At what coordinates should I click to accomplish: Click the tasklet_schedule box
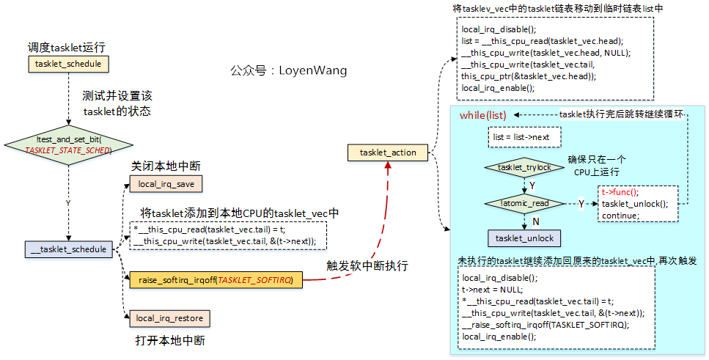pyautogui.click(x=69, y=65)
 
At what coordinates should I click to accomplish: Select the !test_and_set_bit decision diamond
pyautogui.click(x=68, y=144)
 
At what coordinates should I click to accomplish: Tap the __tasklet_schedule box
pyautogui.click(x=68, y=249)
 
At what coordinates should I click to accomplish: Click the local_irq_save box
pyautogui.click(x=166, y=183)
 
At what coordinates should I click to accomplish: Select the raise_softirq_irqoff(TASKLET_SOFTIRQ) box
pyautogui.click(x=216, y=280)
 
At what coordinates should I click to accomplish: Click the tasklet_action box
pyautogui.click(x=388, y=153)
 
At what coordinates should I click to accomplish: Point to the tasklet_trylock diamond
pyautogui.click(x=524, y=168)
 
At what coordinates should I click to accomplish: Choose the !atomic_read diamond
pyautogui.click(x=524, y=203)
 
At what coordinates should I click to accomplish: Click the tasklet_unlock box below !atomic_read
pyautogui.click(x=524, y=238)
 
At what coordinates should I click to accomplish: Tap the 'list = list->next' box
pyautogui.click(x=523, y=137)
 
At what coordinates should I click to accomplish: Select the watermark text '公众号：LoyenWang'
pyautogui.click(x=288, y=71)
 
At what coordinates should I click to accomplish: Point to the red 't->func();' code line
pyautogui.click(x=620, y=192)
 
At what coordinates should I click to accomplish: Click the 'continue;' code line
pyautogui.click(x=620, y=216)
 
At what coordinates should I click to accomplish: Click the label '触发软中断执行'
pyautogui.click(x=367, y=265)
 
